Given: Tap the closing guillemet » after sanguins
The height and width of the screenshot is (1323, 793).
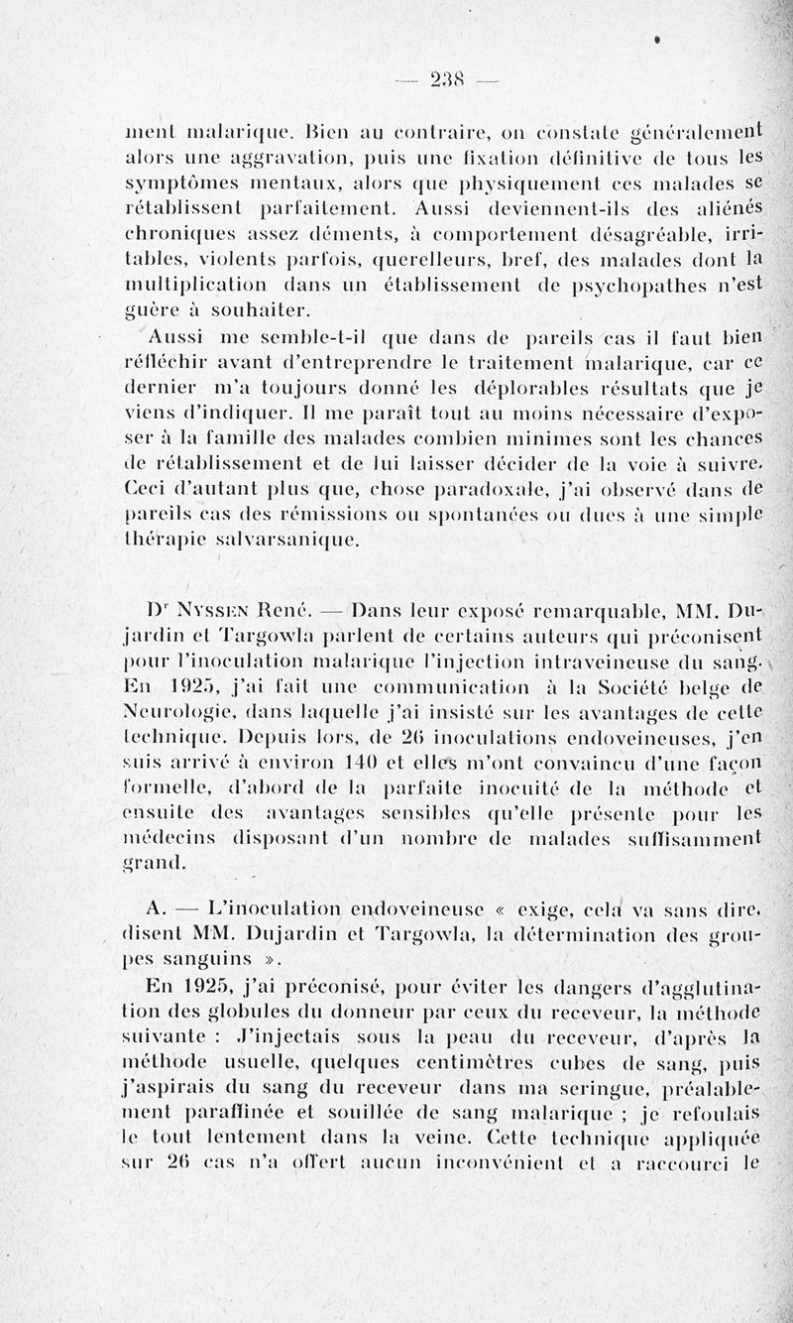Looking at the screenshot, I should point(276,958).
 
